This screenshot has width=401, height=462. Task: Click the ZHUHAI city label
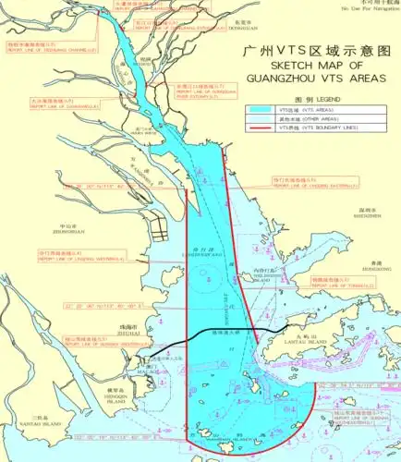[131, 333]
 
